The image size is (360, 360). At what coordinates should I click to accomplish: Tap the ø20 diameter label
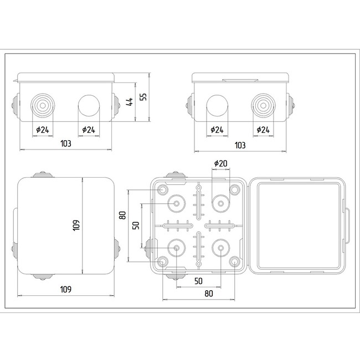(x=220, y=163)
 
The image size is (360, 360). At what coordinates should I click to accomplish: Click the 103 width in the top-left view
(x=65, y=143)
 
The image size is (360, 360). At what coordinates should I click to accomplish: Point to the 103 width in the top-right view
(x=240, y=145)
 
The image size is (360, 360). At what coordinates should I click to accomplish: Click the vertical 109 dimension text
(x=77, y=225)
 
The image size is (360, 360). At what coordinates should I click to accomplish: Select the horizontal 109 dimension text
(x=65, y=289)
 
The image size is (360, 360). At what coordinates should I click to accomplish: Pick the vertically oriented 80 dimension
(x=123, y=215)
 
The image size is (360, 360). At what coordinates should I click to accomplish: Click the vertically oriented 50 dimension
(x=136, y=226)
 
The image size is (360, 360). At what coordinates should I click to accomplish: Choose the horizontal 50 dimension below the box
(x=198, y=281)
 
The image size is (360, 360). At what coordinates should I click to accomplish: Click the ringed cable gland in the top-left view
(x=42, y=104)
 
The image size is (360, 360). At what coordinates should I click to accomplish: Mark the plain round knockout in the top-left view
(x=88, y=104)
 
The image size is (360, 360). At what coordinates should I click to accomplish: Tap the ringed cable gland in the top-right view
(x=263, y=105)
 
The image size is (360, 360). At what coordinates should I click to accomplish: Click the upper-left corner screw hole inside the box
(x=163, y=190)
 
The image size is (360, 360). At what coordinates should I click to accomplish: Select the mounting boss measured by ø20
(x=220, y=204)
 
